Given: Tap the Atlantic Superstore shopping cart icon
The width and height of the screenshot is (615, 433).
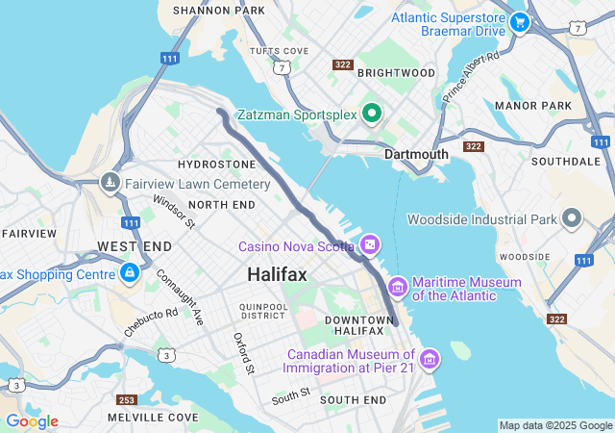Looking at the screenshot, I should point(520,21).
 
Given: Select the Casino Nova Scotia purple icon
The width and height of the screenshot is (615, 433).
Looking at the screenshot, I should point(370,246).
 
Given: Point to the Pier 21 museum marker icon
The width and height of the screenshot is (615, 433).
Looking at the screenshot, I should point(429,359).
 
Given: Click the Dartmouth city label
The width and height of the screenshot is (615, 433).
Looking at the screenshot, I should point(416,154).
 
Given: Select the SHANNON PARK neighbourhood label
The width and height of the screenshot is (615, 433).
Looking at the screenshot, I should point(218,11).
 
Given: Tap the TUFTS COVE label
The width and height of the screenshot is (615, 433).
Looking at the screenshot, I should point(279,51).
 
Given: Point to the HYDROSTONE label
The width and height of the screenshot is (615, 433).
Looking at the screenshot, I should point(217,166).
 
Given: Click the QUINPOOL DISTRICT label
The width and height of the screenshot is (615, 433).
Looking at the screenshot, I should point(264,311).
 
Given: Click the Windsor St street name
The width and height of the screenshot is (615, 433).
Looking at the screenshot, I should point(174,212).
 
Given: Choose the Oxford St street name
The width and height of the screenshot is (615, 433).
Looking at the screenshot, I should point(243,353).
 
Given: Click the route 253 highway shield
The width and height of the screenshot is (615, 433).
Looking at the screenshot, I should point(127,399).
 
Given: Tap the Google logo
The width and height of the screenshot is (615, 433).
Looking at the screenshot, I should point(32,421).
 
